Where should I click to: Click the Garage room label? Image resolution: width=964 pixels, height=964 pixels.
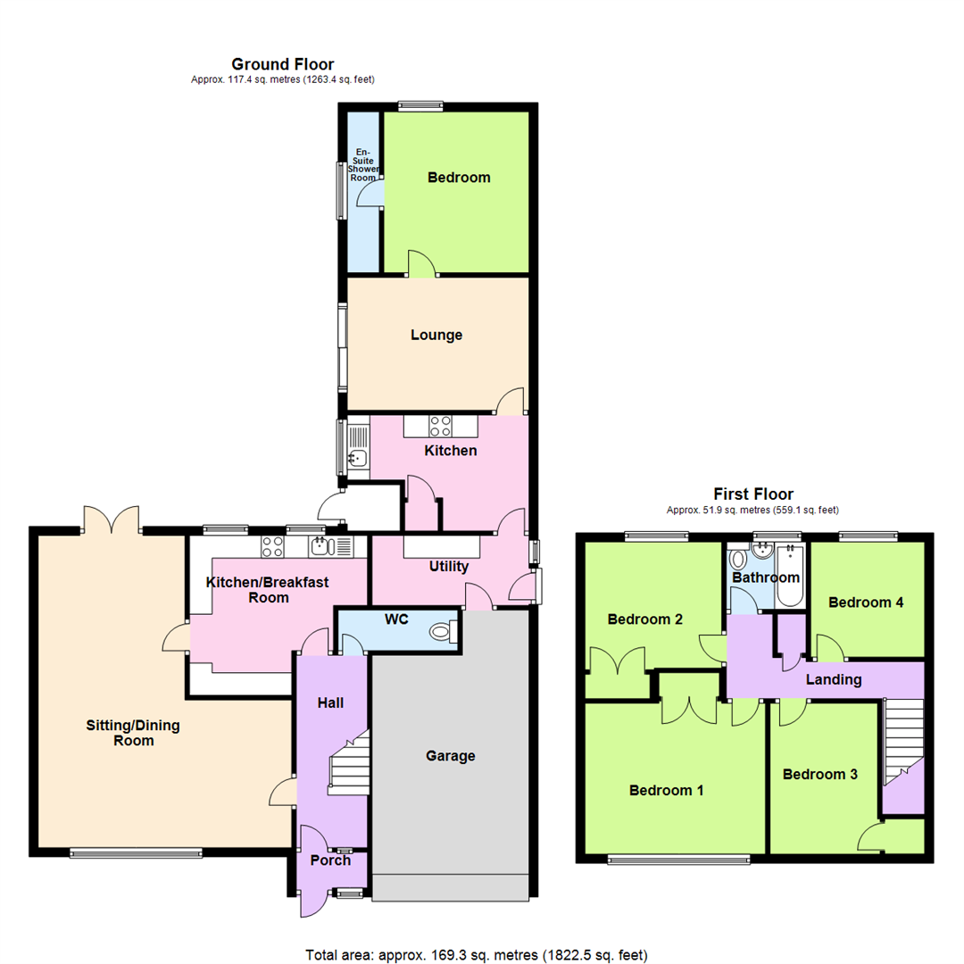450,756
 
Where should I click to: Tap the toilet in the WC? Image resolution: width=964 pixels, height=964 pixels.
442,632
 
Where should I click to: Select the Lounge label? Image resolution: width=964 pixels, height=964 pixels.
436,336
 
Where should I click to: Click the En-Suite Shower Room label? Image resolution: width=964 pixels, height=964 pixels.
362,165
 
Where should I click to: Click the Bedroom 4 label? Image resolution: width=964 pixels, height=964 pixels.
866,602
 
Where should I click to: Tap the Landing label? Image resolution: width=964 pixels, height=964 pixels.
834,679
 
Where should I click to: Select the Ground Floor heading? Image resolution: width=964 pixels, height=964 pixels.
282,64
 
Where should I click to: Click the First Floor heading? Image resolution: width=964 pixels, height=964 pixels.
753,494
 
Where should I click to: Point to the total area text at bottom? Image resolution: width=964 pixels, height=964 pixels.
475,955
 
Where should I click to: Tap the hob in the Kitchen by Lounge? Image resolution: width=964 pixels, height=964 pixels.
440,427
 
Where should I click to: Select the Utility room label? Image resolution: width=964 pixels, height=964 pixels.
448,566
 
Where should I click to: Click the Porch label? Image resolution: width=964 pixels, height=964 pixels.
329,860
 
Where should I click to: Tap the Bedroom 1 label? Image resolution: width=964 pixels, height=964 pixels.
666,790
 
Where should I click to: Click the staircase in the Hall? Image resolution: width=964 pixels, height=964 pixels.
349,763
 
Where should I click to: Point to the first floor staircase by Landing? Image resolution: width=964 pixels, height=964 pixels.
902,741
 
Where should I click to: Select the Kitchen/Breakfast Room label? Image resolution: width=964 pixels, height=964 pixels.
268,589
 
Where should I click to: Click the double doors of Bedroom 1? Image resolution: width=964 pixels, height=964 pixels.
688,710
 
